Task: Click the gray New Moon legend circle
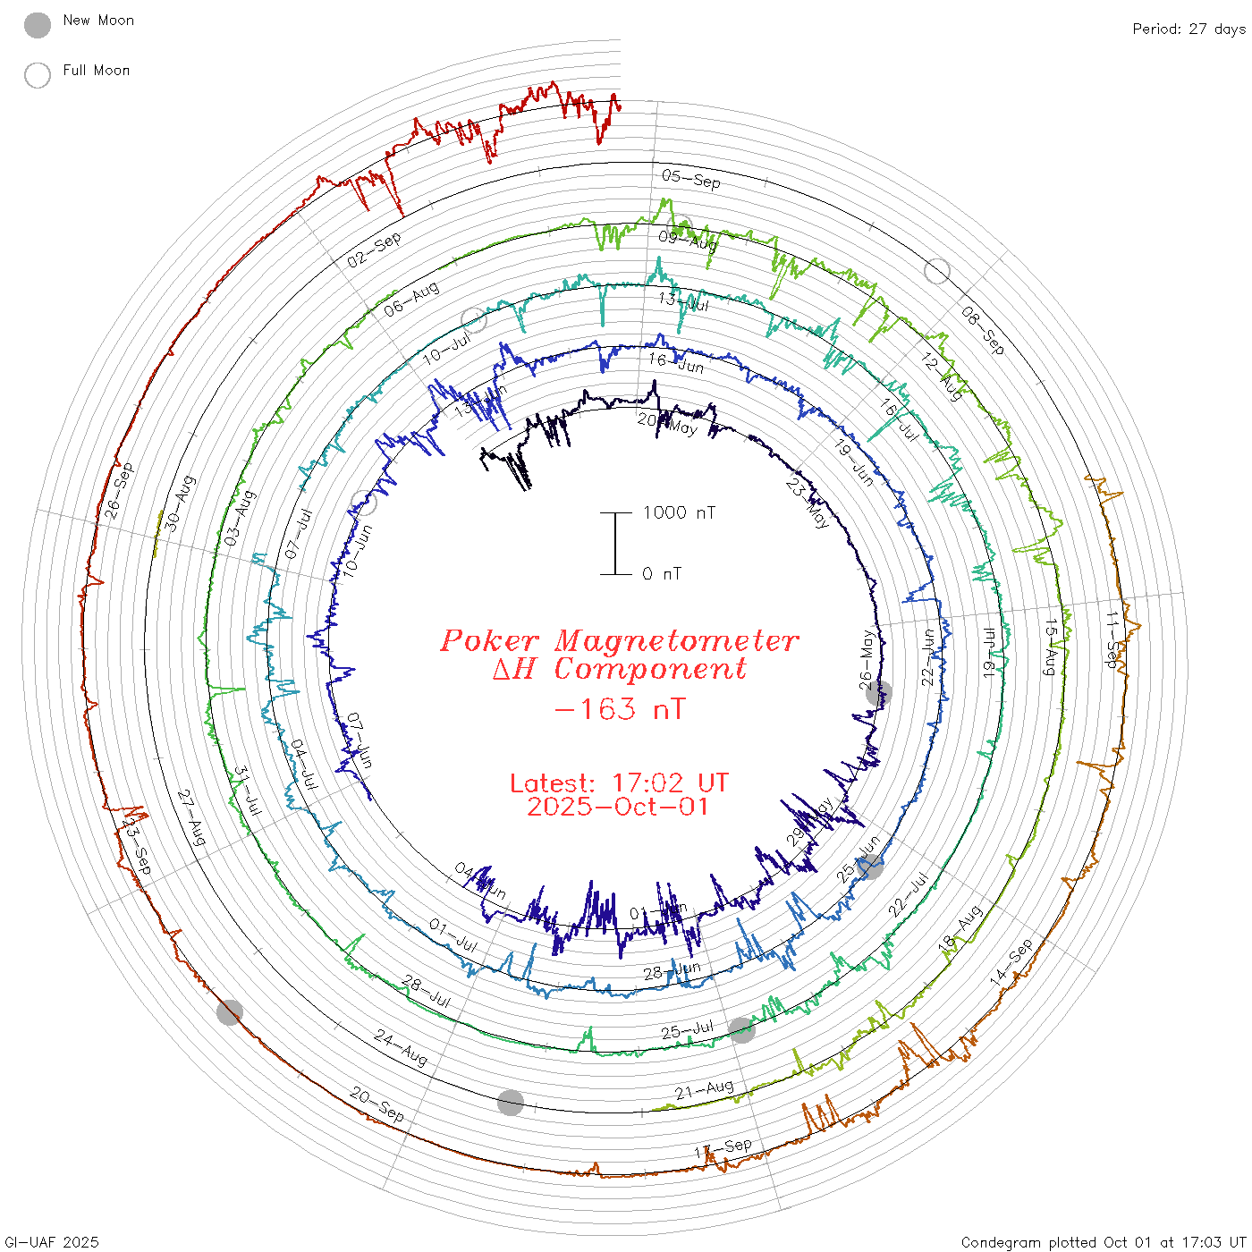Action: pos(38,26)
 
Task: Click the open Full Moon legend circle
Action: pos(38,75)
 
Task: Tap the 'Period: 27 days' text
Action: pos(1189,30)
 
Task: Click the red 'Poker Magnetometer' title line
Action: pos(619,640)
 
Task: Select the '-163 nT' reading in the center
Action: pos(619,709)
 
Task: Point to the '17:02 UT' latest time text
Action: pos(670,783)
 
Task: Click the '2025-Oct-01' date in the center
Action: pos(618,807)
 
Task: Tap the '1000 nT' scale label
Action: pos(679,512)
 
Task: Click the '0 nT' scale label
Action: pos(662,574)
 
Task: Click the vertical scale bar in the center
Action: pos(615,544)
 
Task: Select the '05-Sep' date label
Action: pos(691,179)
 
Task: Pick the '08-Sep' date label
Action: pos(983,329)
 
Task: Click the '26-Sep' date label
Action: pos(118,491)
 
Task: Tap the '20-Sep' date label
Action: pos(376,1104)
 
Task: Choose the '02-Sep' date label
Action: pos(374,250)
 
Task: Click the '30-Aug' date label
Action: pos(179,503)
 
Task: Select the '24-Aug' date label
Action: pos(400,1047)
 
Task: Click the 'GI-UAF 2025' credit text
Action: pos(51,1242)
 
